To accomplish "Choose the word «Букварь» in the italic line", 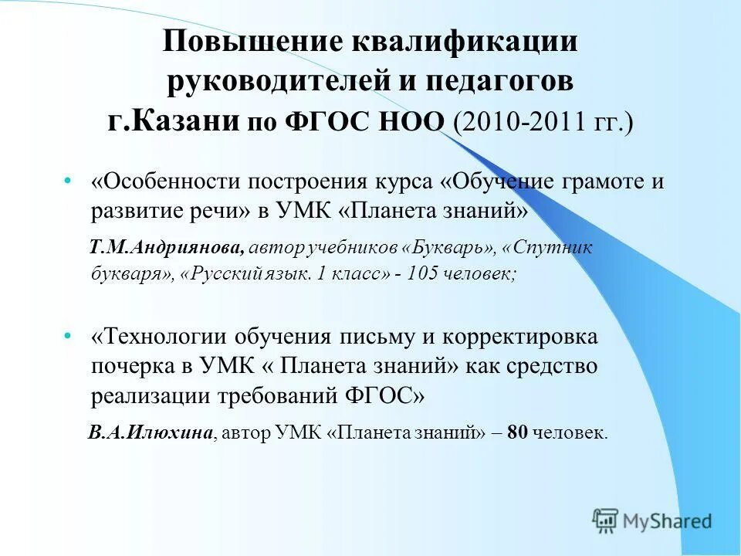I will click(x=451, y=248).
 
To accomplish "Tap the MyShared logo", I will click(x=652, y=521).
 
